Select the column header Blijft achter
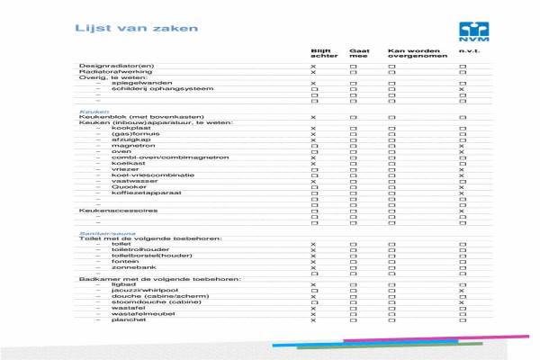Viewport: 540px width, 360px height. (x=321, y=54)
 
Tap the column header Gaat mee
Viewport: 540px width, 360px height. (x=358, y=54)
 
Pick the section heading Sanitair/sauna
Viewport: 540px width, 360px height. (x=101, y=232)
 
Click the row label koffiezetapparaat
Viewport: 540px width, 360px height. (x=141, y=193)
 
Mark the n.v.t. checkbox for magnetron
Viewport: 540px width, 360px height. (x=462, y=146)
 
